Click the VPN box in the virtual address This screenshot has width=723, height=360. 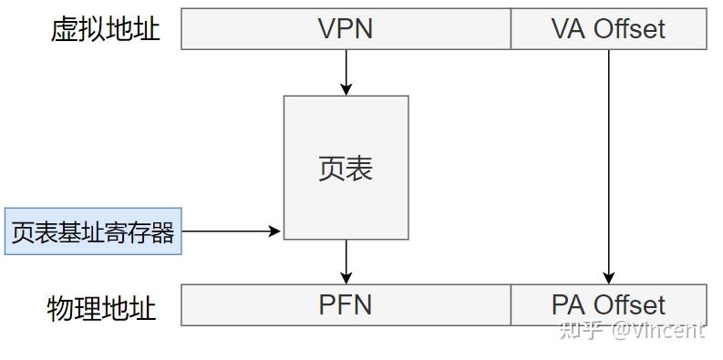[x=346, y=28]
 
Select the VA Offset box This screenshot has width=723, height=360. [x=608, y=28]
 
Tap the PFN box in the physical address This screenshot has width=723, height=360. [x=346, y=304]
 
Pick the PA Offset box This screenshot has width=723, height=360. [x=608, y=304]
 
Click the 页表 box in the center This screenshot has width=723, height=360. [x=346, y=168]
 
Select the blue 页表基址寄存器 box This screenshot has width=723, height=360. [x=93, y=231]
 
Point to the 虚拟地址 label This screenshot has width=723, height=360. [x=105, y=29]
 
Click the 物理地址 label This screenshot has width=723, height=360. [x=101, y=308]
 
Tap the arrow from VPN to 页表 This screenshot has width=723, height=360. [x=346, y=71]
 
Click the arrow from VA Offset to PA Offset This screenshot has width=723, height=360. [x=608, y=164]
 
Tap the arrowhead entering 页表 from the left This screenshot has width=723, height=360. [x=275, y=231]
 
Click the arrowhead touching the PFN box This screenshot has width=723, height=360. [x=346, y=278]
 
